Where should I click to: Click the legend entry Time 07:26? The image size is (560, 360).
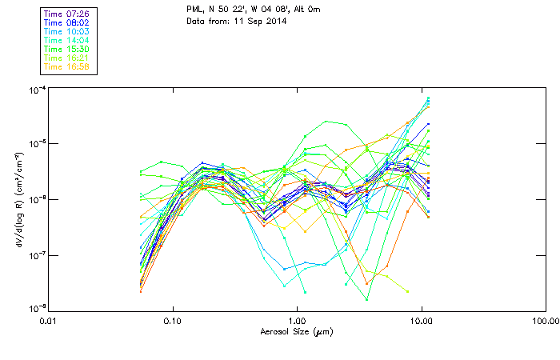[68, 14]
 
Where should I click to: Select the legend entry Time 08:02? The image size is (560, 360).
[68, 23]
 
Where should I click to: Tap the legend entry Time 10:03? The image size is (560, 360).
[68, 31]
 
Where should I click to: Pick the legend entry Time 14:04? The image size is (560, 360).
[68, 40]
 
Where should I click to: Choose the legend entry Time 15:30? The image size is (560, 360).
[68, 49]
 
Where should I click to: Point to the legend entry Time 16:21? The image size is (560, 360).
[68, 58]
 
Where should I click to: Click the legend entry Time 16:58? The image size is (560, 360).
[68, 66]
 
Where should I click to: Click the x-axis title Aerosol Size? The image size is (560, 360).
[296, 331]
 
